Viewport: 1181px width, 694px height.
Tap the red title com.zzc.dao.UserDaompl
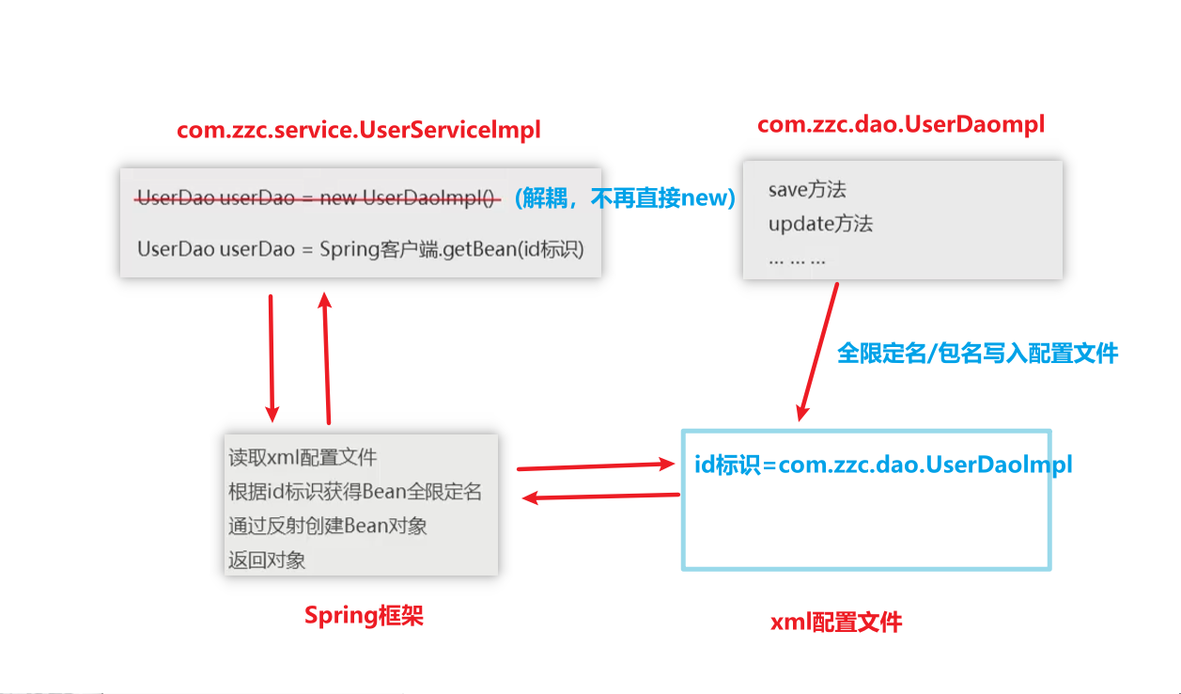pyautogui.click(x=901, y=125)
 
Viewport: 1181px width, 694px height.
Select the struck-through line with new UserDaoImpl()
pyautogui.click(x=318, y=197)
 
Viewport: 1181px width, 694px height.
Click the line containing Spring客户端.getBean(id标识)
pyautogui.click(x=361, y=249)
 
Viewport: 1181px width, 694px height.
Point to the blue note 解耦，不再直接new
pyautogui.click(x=625, y=198)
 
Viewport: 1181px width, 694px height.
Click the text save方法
pyautogui.click(x=807, y=189)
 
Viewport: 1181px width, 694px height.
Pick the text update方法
pyautogui.click(x=820, y=224)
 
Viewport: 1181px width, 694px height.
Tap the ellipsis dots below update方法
pyautogui.click(x=797, y=261)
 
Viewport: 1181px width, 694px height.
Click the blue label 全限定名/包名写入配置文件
pyautogui.click(x=977, y=353)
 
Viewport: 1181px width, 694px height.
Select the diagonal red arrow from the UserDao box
pyautogui.click(x=818, y=352)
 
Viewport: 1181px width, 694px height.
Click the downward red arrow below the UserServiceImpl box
pyautogui.click(x=272, y=358)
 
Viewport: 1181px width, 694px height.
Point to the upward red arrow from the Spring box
pyautogui.click(x=326, y=358)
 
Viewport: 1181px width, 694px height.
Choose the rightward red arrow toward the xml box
pyautogui.click(x=596, y=465)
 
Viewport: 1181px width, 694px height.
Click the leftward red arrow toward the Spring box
pyautogui.click(x=600, y=497)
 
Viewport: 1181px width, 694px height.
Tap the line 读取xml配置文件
pyautogui.click(x=303, y=458)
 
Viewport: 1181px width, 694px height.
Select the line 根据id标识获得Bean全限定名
pyautogui.click(x=355, y=491)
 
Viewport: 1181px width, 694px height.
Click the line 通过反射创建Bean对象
pyautogui.click(x=327, y=526)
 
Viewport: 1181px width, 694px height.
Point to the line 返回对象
pyautogui.click(x=267, y=560)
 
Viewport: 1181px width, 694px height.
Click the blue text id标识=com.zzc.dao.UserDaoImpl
pyautogui.click(x=883, y=465)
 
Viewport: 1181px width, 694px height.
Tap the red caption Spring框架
pyautogui.click(x=364, y=615)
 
